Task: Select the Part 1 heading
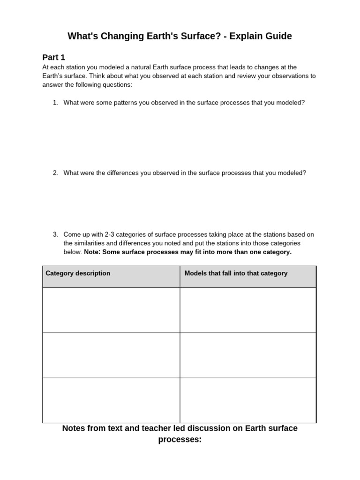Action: (54, 57)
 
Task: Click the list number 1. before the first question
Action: (55, 103)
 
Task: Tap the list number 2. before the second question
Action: (55, 173)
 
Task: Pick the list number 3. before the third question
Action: (55, 234)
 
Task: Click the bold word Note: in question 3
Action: (92, 252)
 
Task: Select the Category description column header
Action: (78, 273)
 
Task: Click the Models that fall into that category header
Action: (236, 273)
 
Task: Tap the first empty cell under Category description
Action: (111, 310)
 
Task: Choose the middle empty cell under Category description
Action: (111, 355)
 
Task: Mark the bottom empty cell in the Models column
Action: (248, 400)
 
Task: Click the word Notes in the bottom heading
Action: (74, 428)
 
